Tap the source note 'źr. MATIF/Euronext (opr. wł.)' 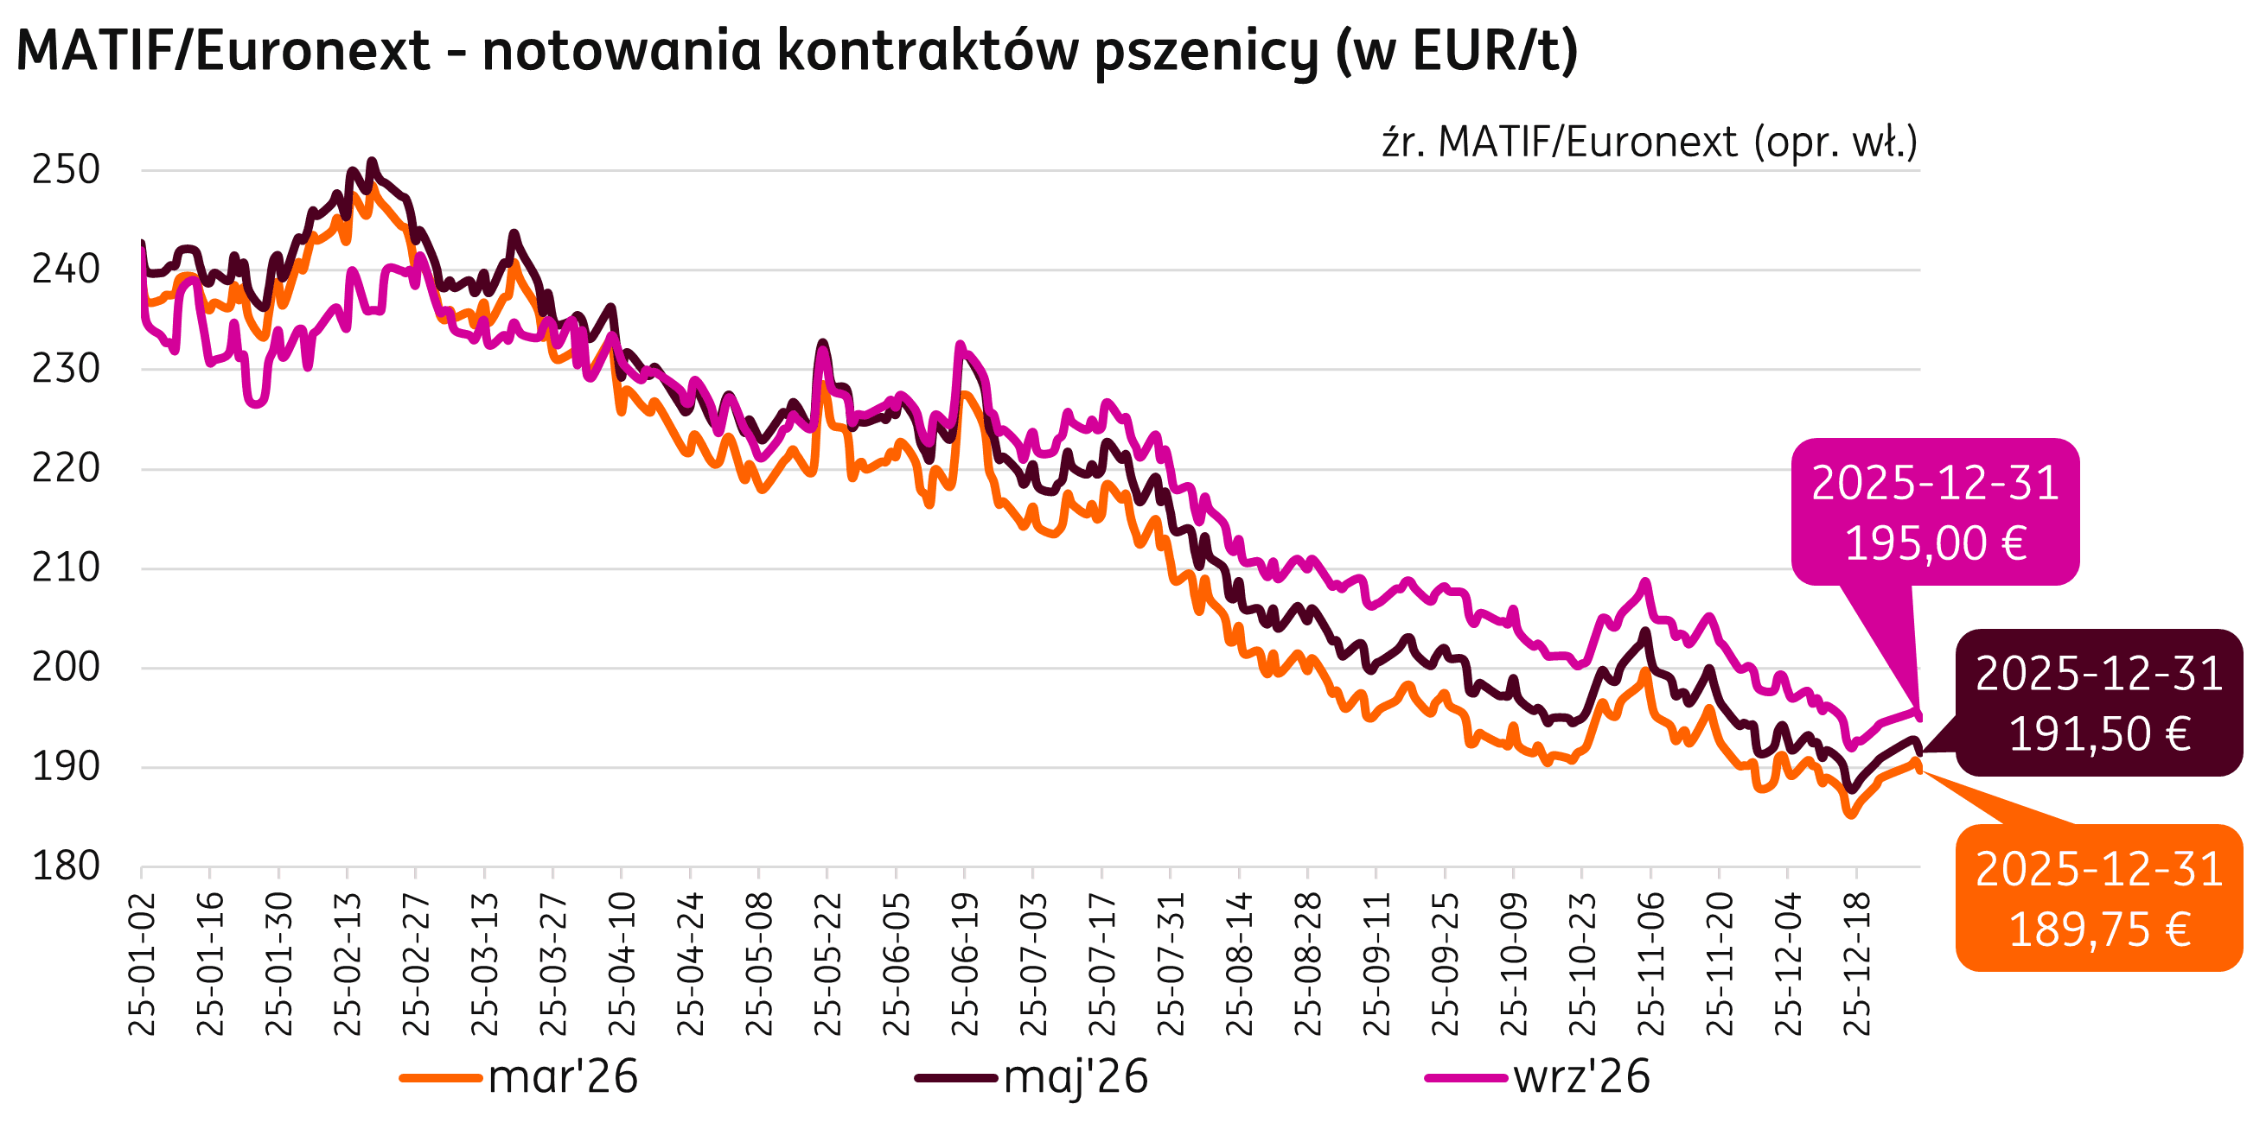(1650, 143)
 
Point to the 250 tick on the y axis (67, 170)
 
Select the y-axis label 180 (67, 866)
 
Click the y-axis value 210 (67, 568)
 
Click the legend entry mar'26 (563, 1078)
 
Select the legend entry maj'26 (1076, 1078)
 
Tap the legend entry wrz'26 (1581, 1078)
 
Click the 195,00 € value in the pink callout (1935, 543)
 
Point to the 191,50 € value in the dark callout (2098, 734)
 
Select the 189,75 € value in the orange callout (2098, 929)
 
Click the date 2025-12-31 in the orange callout (2098, 870)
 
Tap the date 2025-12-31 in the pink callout (1935, 483)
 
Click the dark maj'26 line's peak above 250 (373, 162)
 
